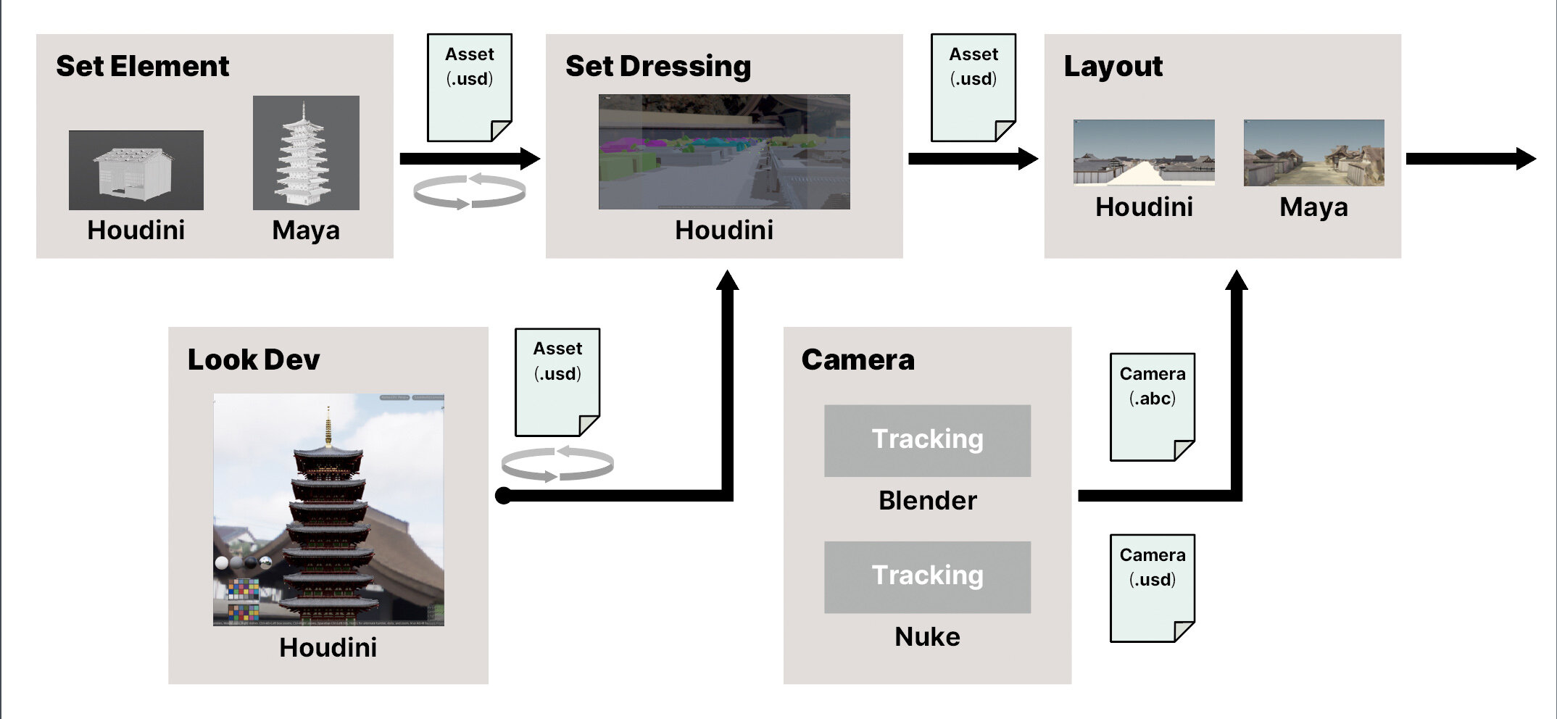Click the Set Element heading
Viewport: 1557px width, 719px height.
coord(142,67)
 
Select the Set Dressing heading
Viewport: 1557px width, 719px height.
coord(657,67)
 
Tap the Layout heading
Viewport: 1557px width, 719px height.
coord(1113,67)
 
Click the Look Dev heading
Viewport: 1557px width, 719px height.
coord(253,360)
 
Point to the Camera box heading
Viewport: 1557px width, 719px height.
coord(858,360)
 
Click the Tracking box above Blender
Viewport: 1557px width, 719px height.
coord(927,440)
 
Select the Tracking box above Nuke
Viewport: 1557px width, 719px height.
coord(927,576)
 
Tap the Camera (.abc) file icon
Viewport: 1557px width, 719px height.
coord(1152,407)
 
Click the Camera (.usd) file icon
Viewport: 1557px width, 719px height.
coord(1152,588)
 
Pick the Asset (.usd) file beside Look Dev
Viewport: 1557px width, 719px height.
coord(557,382)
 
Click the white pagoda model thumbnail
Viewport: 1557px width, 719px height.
coord(305,153)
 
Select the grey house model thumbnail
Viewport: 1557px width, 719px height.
coord(136,170)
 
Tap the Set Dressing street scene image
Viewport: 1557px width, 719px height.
coord(723,151)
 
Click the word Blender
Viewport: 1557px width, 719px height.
coord(927,501)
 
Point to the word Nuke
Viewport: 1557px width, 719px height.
coord(927,637)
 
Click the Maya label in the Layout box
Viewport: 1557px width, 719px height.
coord(1313,208)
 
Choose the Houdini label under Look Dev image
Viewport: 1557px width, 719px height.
coord(328,648)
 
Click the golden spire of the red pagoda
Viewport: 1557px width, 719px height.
coord(328,428)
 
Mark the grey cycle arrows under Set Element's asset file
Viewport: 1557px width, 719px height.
coord(469,192)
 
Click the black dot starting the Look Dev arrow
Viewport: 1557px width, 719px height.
coord(503,496)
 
